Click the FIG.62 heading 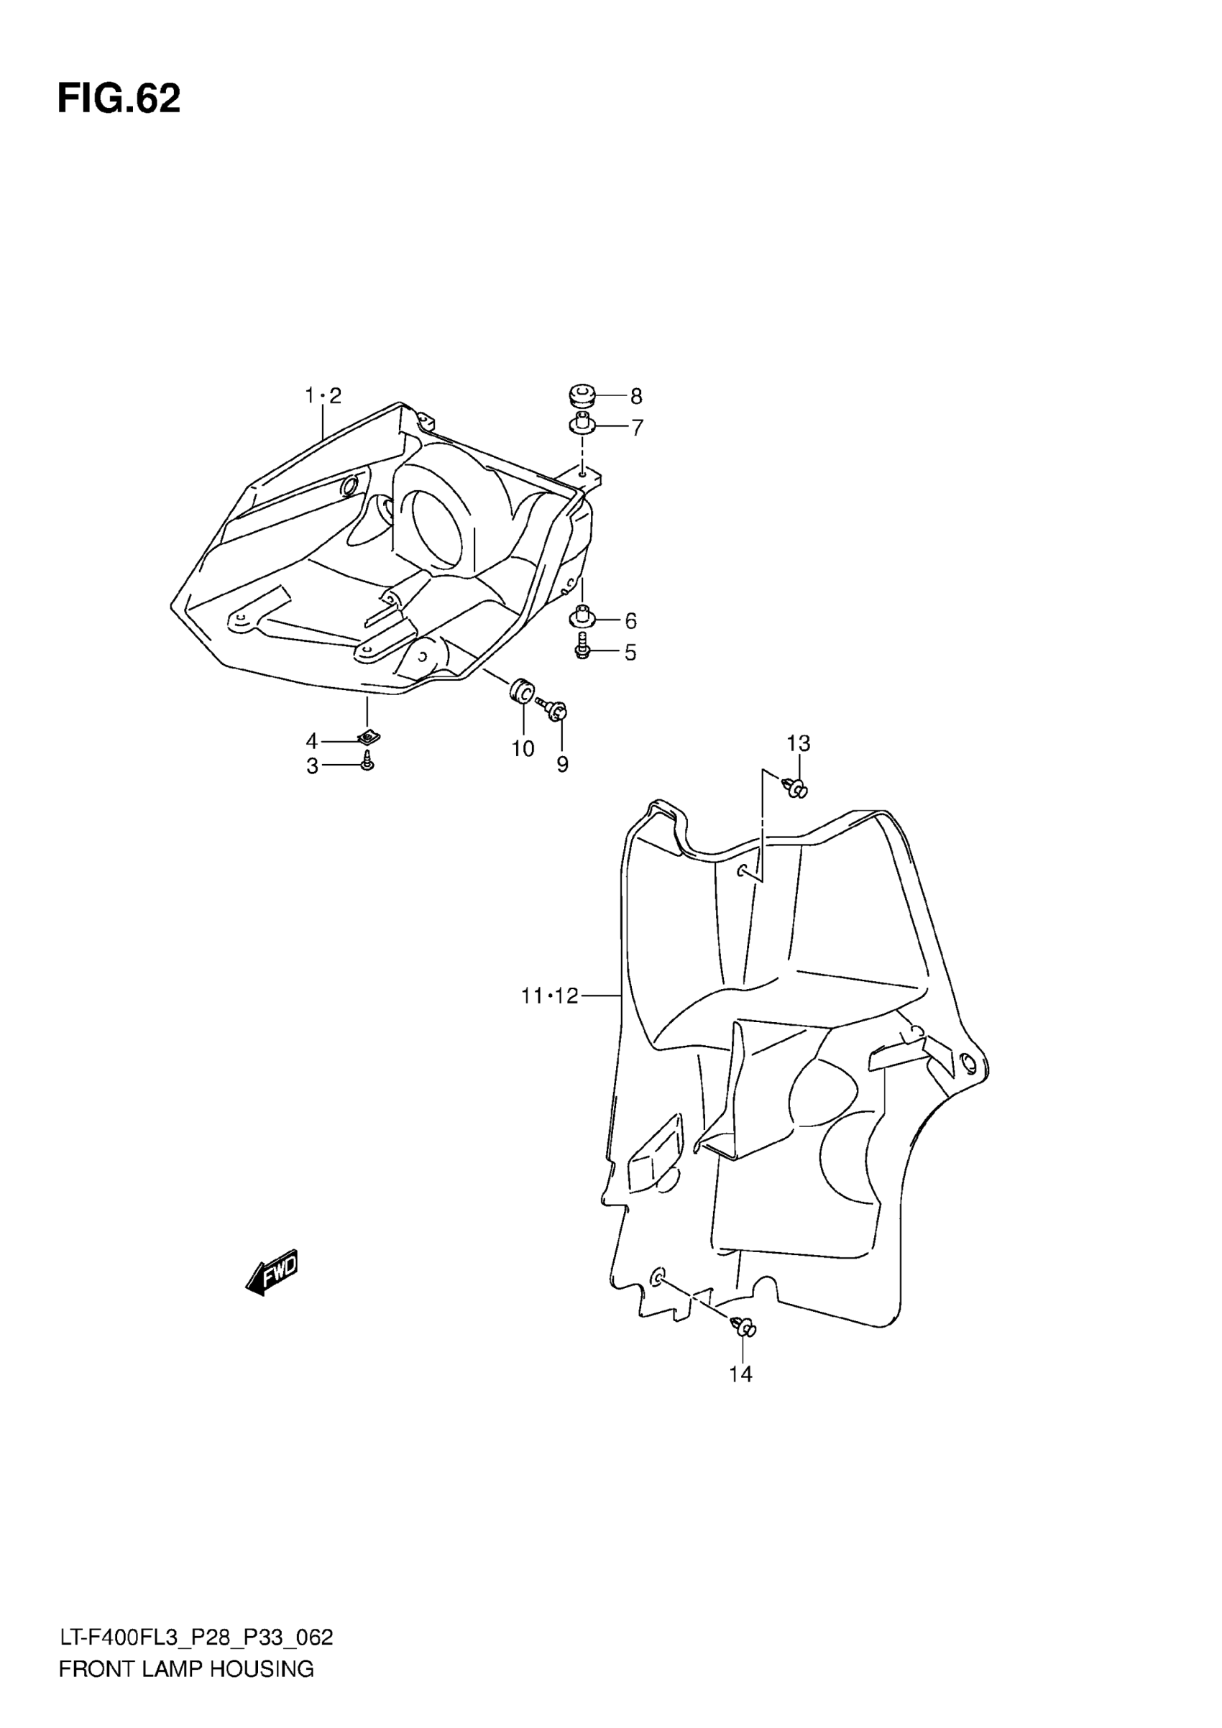click(x=119, y=98)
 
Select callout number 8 click(x=636, y=396)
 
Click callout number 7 click(x=638, y=428)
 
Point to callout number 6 click(x=630, y=621)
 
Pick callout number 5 click(x=630, y=653)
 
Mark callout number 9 click(x=562, y=765)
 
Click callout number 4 click(x=311, y=741)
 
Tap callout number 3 click(x=311, y=767)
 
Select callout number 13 click(x=799, y=743)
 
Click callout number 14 click(x=740, y=1374)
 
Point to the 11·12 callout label click(x=549, y=996)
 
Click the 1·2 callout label click(x=323, y=395)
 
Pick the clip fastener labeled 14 click(x=743, y=1327)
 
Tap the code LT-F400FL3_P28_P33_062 click(x=196, y=1659)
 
